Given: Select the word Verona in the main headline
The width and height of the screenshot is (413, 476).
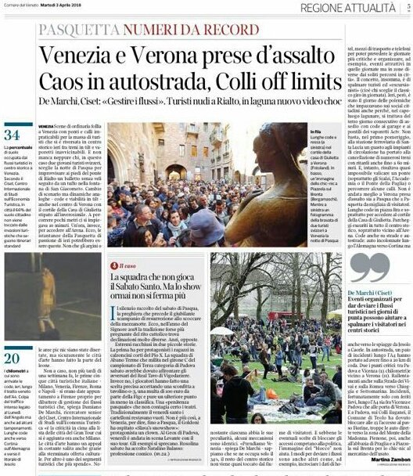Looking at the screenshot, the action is (192, 56).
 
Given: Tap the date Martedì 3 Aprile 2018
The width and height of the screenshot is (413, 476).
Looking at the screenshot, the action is (102, 7).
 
